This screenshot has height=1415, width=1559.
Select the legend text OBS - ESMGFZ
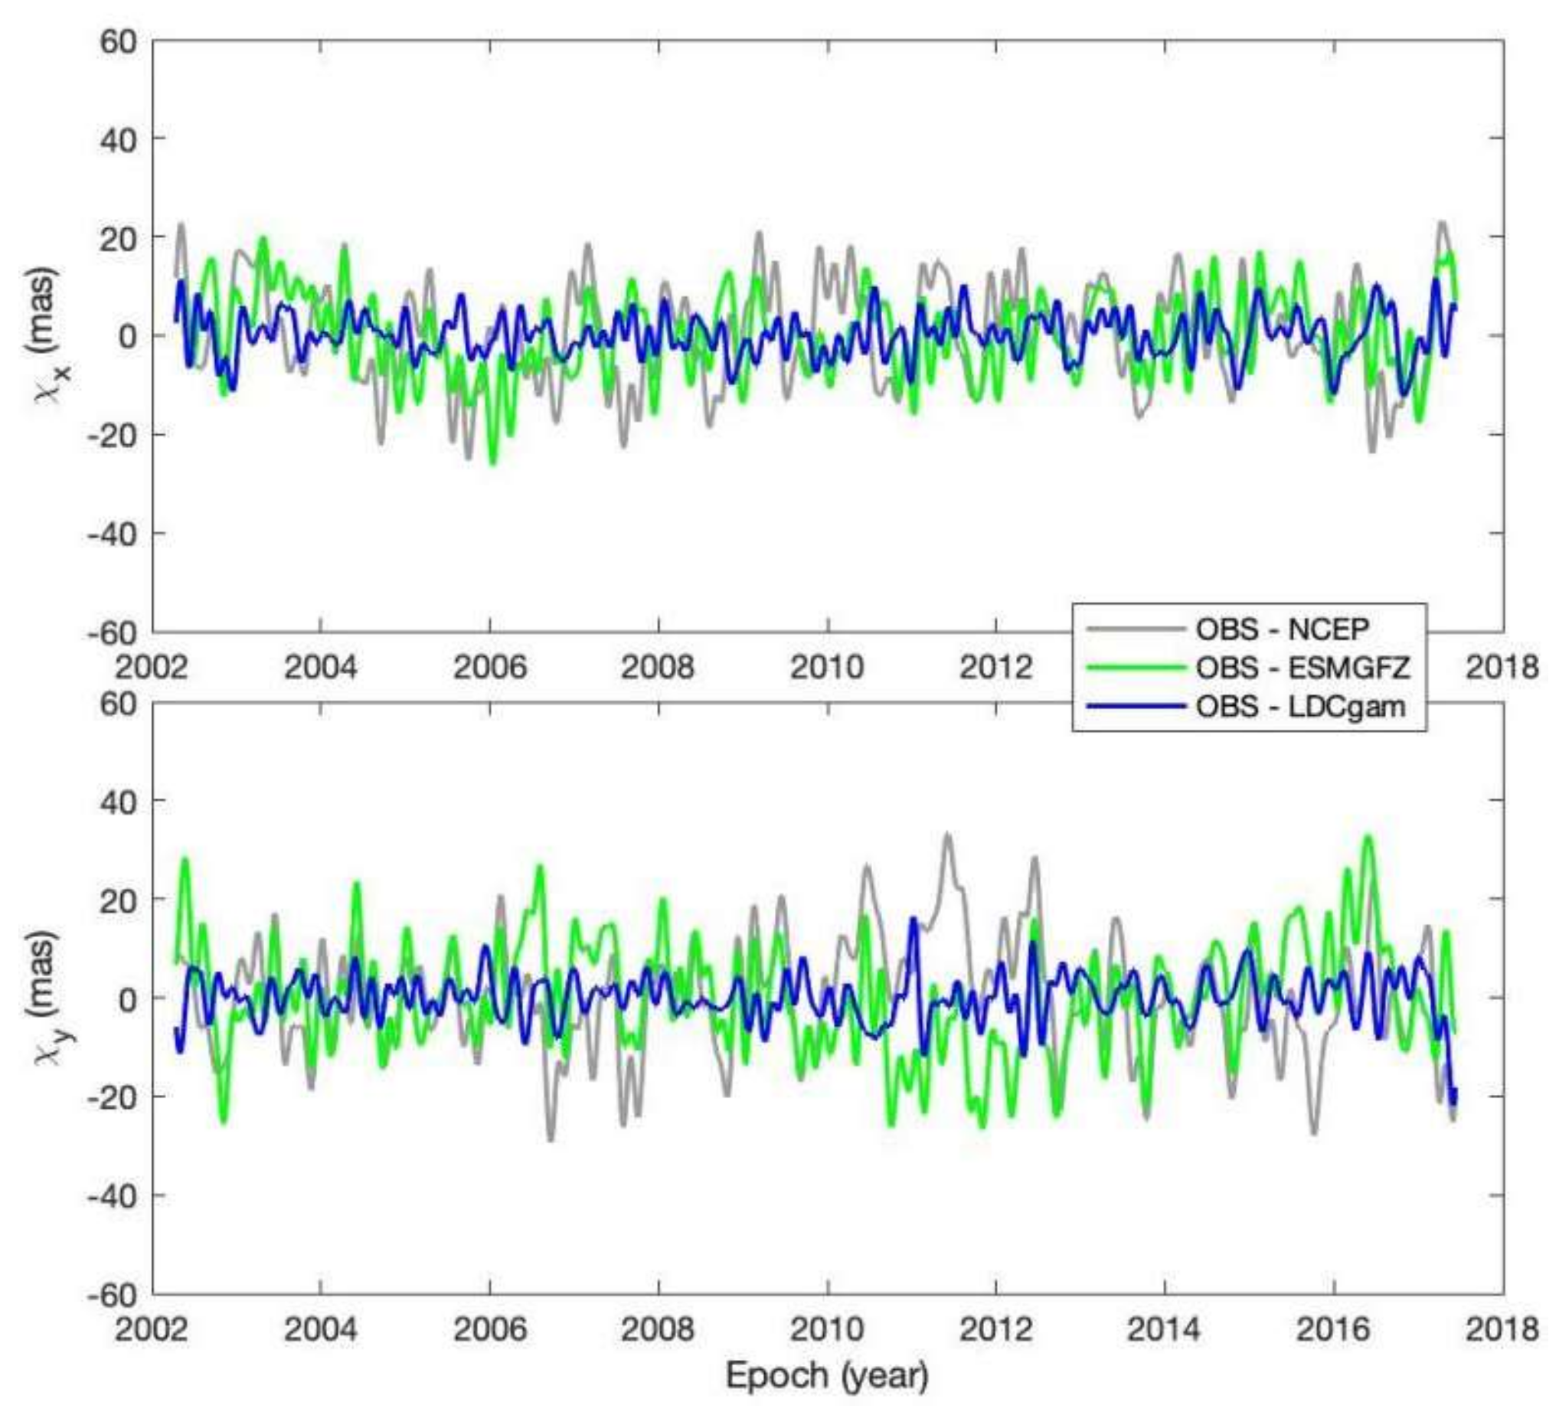[x=1303, y=667]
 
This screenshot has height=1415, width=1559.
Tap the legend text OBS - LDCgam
[x=1301, y=706]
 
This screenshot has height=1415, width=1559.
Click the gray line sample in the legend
[x=1135, y=629]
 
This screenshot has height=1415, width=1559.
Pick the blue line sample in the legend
[x=1135, y=706]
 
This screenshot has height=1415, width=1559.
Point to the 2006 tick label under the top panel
[x=489, y=666]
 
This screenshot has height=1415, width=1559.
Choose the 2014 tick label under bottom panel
[x=1165, y=1328]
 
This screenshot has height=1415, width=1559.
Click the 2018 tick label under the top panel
[x=1502, y=666]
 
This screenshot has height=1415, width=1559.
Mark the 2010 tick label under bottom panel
[x=827, y=1328]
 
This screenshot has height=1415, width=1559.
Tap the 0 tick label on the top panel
[x=129, y=335]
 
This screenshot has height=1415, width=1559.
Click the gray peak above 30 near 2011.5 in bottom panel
[x=947, y=835]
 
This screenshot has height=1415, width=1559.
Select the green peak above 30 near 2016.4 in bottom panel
[x=1369, y=837]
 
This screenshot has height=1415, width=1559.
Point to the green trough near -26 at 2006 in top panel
[x=492, y=462]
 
